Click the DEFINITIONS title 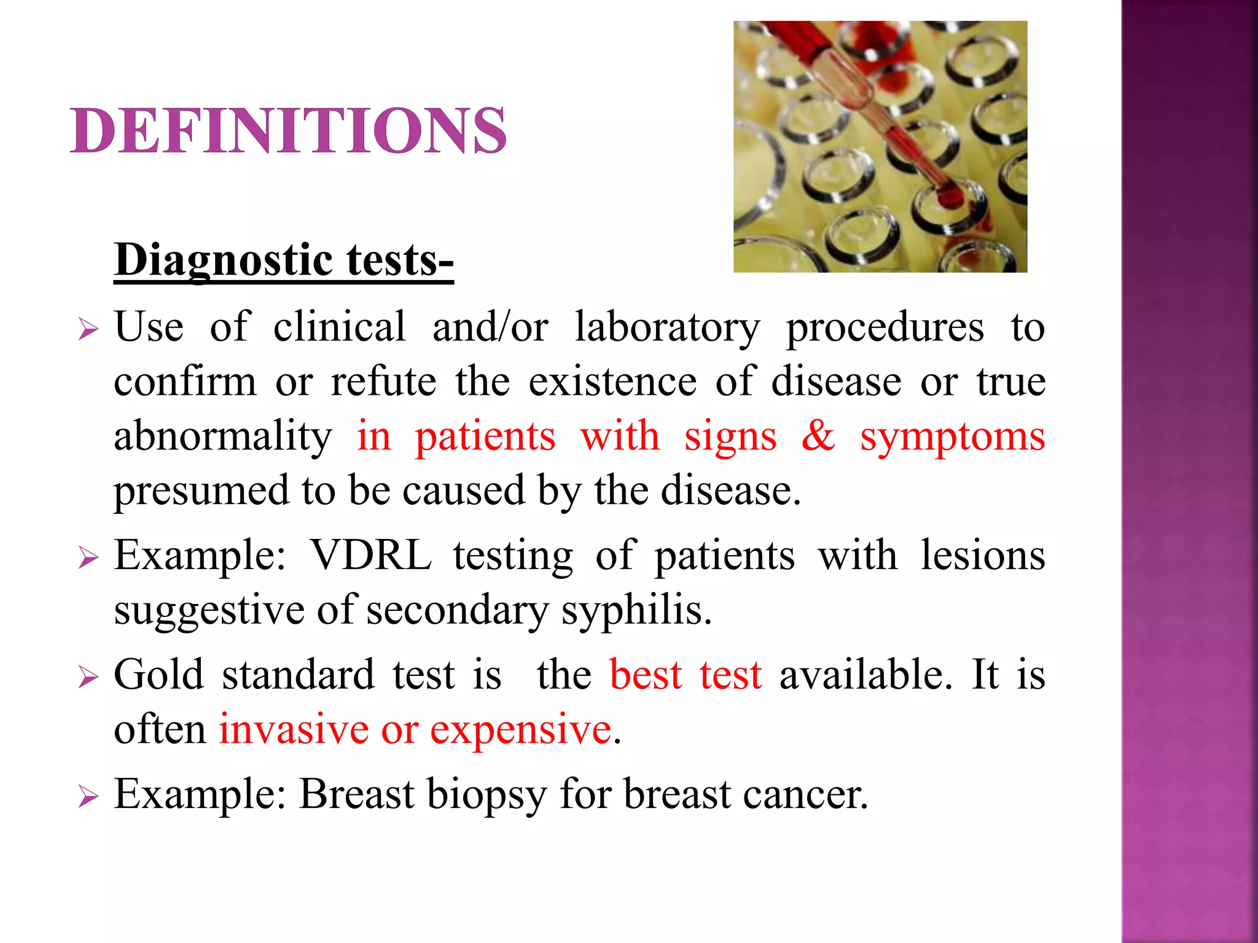[289, 131]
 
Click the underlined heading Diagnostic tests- [284, 260]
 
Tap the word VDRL [371, 556]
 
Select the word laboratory [667, 327]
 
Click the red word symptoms [952, 437]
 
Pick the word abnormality [223, 437]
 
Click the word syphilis [636, 611]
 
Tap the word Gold [158, 675]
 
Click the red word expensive [521, 731]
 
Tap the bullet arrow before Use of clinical [88, 330]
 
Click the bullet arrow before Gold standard [88, 678]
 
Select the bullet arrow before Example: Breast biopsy [88, 797]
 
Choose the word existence [612, 381]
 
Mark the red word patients [485, 437]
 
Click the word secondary [457, 611]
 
